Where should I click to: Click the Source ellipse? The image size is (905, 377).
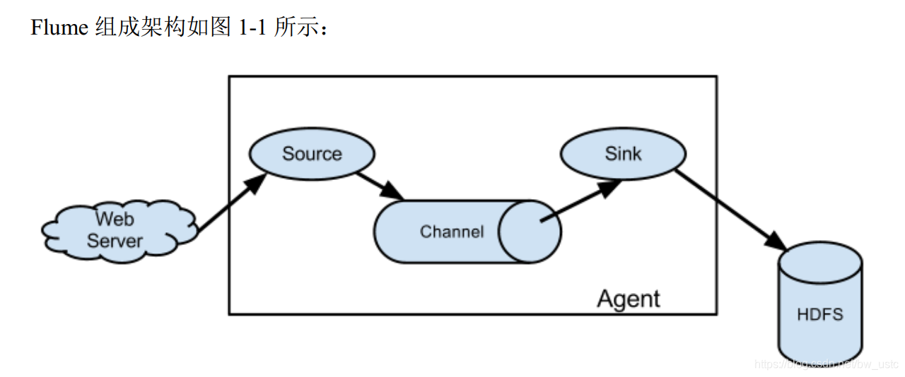tap(312, 154)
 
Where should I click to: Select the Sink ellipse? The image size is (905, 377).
tap(622, 154)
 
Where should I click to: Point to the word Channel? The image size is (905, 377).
tap(452, 232)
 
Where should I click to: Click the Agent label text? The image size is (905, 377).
tap(628, 299)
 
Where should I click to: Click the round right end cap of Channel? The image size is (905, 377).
tap(530, 231)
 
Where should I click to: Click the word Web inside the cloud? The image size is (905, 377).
tap(115, 218)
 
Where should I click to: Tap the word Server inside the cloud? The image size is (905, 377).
tap(115, 241)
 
